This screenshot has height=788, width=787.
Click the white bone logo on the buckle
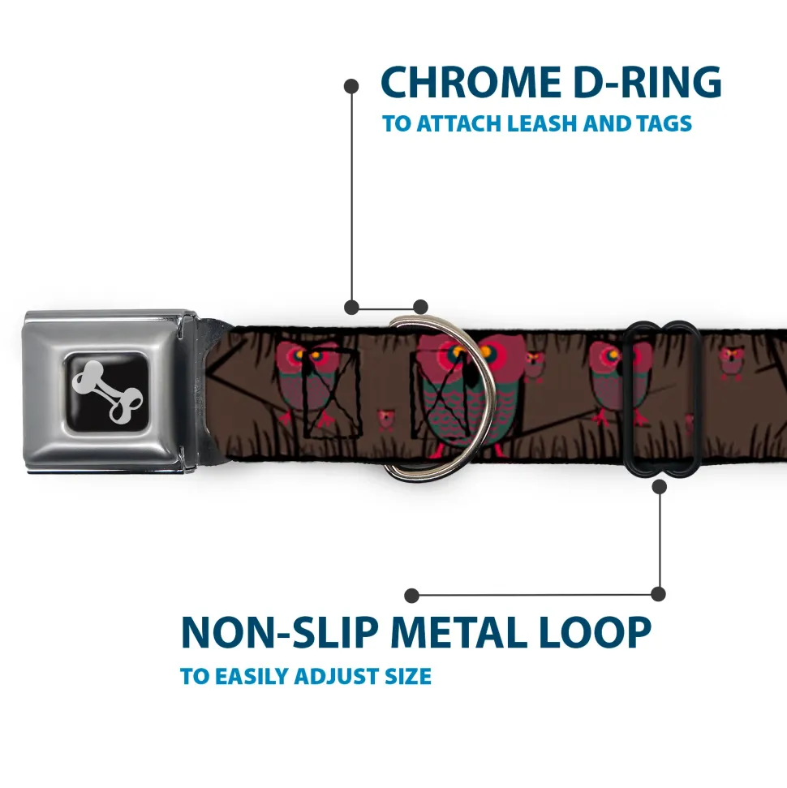tap(111, 390)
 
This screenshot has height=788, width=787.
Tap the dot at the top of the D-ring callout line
tap(351, 84)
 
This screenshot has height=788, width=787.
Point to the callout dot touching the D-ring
tap(420, 307)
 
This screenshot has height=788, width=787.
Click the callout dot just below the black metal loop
tap(659, 487)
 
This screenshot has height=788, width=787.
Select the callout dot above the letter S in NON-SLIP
tap(412, 595)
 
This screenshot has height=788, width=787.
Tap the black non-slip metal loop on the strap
tap(662, 398)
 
